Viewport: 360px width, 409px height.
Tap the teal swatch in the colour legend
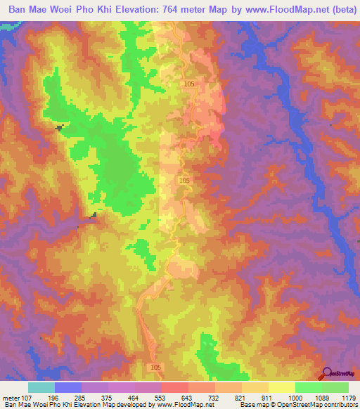[x=41, y=387]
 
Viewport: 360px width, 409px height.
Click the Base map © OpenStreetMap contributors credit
[x=298, y=404]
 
